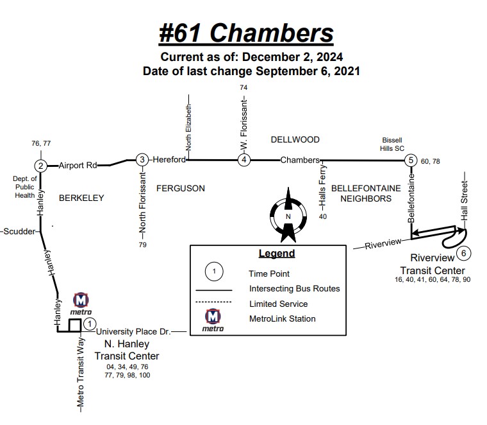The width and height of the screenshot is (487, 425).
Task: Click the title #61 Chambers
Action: [247, 33]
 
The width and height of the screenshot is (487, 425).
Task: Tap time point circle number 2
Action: [41, 166]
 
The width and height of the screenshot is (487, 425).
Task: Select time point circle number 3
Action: [143, 160]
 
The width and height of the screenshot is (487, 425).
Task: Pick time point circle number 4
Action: [244, 160]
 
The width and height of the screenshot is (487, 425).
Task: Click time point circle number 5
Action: [411, 160]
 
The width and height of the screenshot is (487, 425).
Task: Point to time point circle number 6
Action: [464, 252]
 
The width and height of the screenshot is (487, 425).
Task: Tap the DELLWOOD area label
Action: [295, 139]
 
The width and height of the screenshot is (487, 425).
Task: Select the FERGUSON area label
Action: [181, 188]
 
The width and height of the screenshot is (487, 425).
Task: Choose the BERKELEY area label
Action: [81, 198]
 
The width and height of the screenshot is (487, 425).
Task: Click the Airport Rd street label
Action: [78, 166]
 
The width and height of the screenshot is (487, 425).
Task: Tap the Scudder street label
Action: [19, 231]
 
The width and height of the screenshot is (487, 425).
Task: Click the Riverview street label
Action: [383, 243]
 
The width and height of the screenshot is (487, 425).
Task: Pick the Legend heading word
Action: [277, 254]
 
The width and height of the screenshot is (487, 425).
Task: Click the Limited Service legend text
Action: [278, 304]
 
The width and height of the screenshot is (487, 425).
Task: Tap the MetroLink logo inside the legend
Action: [213, 320]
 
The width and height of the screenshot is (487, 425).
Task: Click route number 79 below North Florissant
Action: [142, 245]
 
